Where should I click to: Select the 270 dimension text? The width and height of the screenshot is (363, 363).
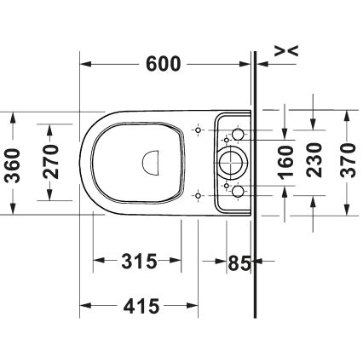tap(49, 163)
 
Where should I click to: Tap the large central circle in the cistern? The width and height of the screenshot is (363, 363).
tap(231, 158)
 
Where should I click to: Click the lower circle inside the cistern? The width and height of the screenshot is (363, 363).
tap(238, 188)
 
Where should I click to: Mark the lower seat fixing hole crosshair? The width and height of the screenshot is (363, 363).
tap(198, 196)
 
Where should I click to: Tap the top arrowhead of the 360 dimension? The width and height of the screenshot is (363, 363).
tap(12, 114)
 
